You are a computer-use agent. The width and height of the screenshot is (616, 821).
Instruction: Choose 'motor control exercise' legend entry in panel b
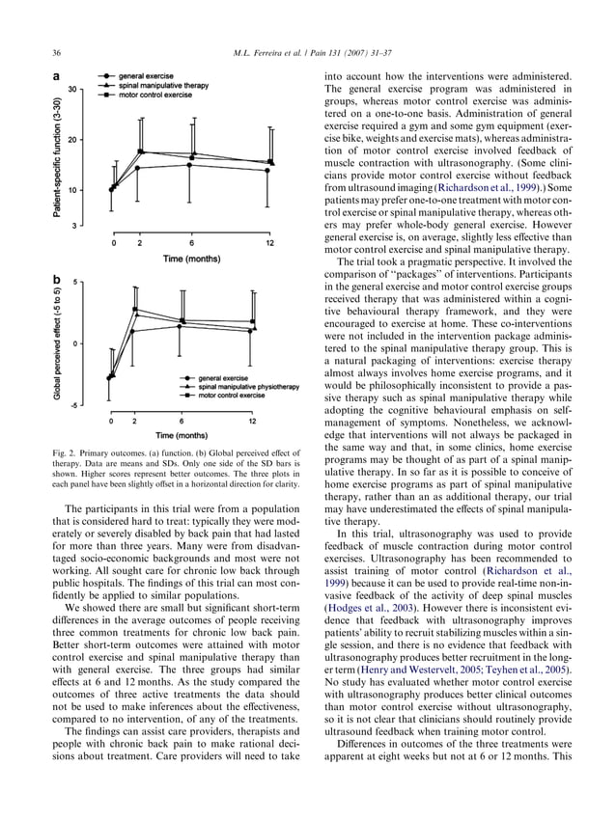tap(232, 396)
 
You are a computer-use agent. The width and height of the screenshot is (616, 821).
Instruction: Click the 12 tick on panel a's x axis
tap(269, 243)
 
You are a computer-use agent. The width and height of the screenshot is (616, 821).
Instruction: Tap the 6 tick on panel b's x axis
tap(182, 421)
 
